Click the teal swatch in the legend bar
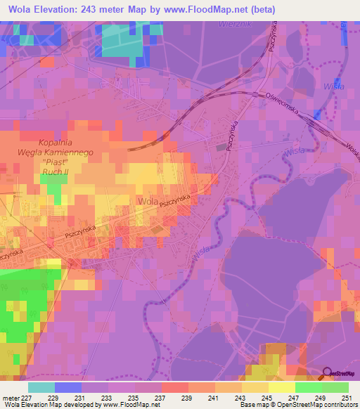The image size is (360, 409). [x=41, y=387]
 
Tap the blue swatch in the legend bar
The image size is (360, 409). [x=68, y=387]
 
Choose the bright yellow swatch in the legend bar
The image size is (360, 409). [x=281, y=387]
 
